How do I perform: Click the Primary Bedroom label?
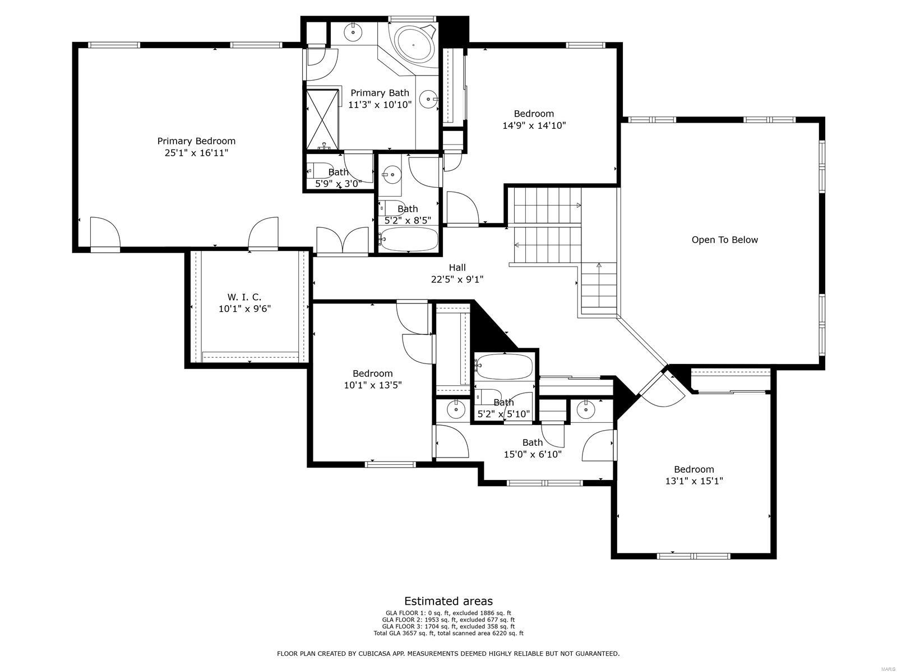196,141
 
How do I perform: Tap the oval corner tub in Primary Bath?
414,44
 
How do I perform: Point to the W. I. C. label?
244,297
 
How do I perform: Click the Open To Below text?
724,240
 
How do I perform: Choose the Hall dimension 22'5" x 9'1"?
457,279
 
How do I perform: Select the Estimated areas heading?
449,601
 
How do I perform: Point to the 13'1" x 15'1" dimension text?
694,481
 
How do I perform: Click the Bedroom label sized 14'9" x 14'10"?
534,114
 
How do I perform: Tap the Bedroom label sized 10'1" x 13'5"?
373,374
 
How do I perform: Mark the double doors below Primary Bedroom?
343,241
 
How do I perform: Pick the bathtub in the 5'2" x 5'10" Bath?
505,366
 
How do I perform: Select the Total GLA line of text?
449,633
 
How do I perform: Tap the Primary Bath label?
380,93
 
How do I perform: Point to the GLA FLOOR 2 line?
449,619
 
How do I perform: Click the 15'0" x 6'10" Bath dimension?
533,454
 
